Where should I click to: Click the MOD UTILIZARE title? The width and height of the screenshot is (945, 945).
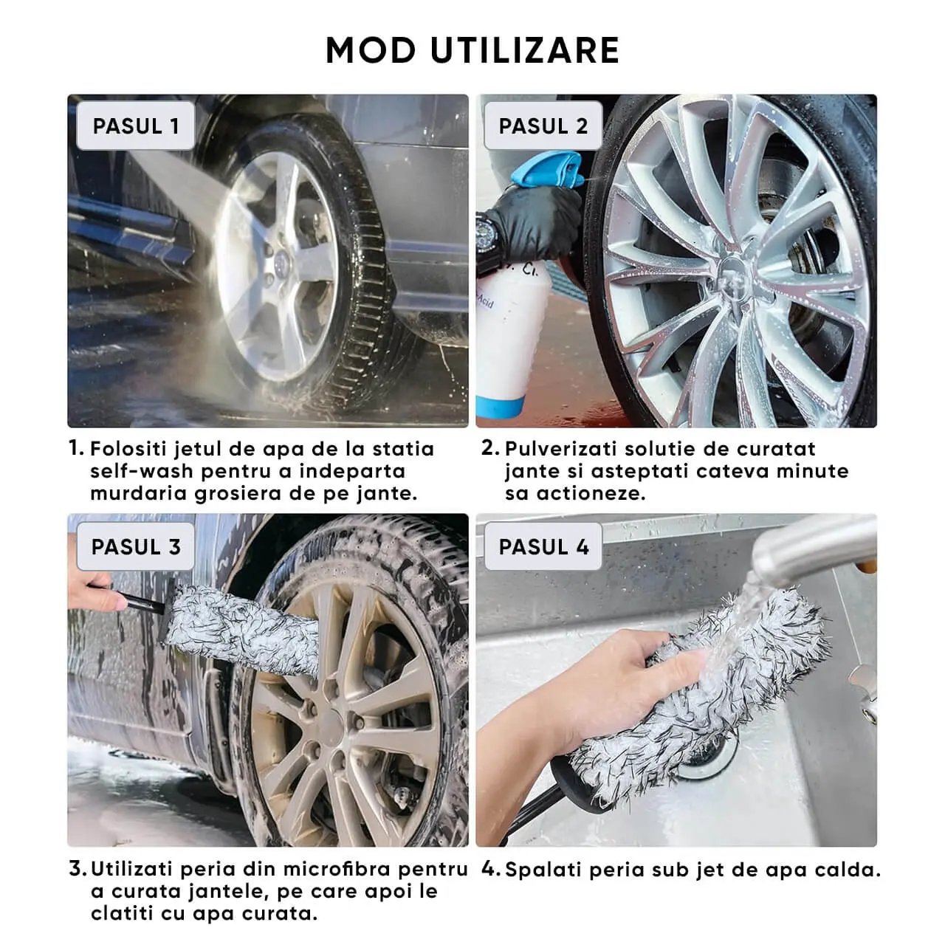(472, 50)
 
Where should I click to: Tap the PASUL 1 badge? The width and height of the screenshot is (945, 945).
(135, 126)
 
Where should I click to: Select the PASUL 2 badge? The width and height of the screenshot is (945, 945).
(543, 126)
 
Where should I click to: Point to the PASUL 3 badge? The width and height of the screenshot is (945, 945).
(135, 546)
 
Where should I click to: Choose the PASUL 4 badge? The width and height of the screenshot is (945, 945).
(543, 546)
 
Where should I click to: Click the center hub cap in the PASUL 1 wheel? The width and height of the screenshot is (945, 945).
(281, 265)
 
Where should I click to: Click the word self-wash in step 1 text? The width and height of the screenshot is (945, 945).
(142, 471)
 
